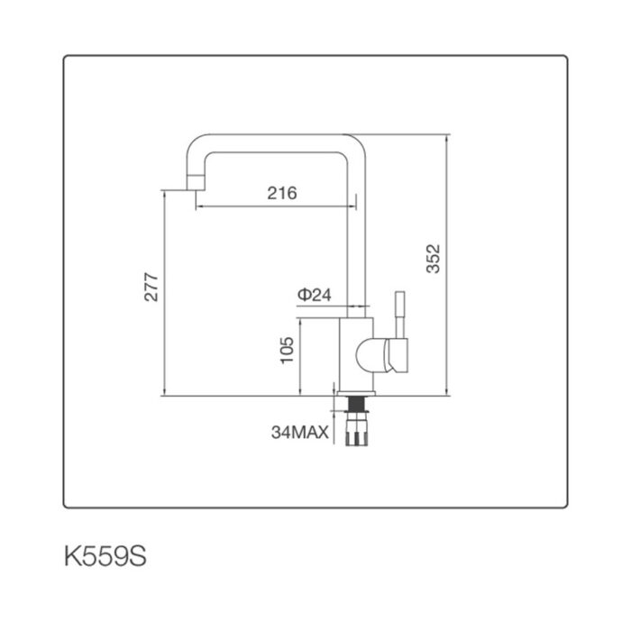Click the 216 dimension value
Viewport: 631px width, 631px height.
282,193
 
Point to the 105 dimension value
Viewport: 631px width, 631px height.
288,349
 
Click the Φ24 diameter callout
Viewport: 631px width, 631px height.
315,295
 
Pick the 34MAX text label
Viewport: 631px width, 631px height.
298,432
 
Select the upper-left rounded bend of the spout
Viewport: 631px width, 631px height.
198,148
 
